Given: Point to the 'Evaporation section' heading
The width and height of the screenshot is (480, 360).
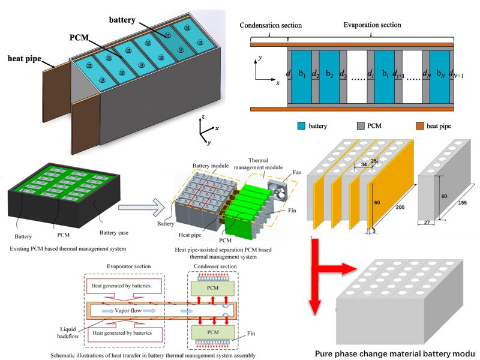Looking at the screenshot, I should tap(372, 25).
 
